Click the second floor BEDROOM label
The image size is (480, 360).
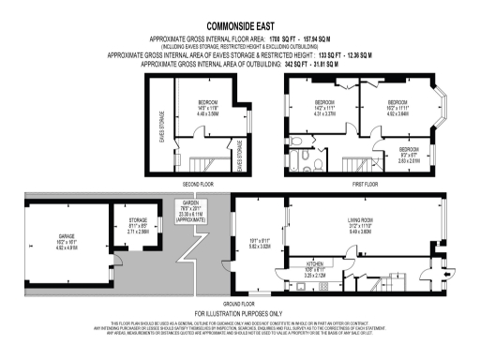click(x=207, y=100)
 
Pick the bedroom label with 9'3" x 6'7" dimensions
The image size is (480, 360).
click(x=409, y=149)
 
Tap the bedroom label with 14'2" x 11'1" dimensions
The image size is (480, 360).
click(x=323, y=101)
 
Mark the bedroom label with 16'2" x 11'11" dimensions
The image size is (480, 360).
click(x=397, y=101)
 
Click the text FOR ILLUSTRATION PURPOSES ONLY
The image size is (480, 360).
click(x=239, y=312)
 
